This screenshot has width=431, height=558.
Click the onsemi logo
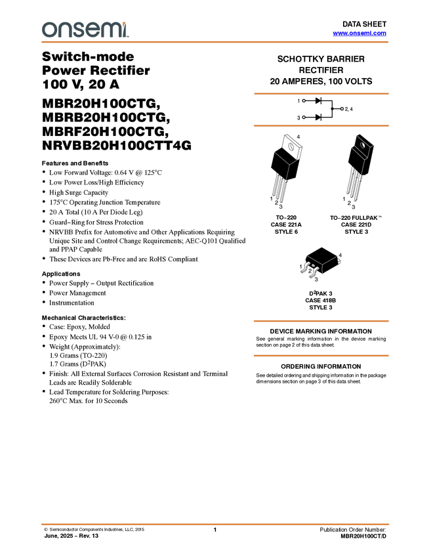click(x=85, y=30)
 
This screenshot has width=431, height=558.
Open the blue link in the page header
click(x=359, y=33)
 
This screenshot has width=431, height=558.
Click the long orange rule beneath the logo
click(x=215, y=42)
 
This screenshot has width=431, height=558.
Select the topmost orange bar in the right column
click(x=321, y=94)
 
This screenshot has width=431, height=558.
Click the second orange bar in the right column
click(x=321, y=125)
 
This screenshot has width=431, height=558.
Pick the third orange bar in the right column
click(x=321, y=321)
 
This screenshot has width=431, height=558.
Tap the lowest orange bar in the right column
click(x=321, y=356)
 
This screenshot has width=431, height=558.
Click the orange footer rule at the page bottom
click(x=215, y=525)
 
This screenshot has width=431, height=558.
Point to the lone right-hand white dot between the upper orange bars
click(x=342, y=108)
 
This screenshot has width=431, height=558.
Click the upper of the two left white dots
click(x=304, y=101)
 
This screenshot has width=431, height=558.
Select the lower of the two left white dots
click(x=304, y=116)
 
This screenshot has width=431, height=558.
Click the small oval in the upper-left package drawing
click(x=291, y=147)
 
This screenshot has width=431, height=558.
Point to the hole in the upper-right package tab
click(x=360, y=140)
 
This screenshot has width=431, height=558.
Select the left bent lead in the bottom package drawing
click(x=304, y=268)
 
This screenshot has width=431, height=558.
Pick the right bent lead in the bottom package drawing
click(x=313, y=269)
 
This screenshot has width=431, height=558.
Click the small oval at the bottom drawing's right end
click(x=339, y=261)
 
